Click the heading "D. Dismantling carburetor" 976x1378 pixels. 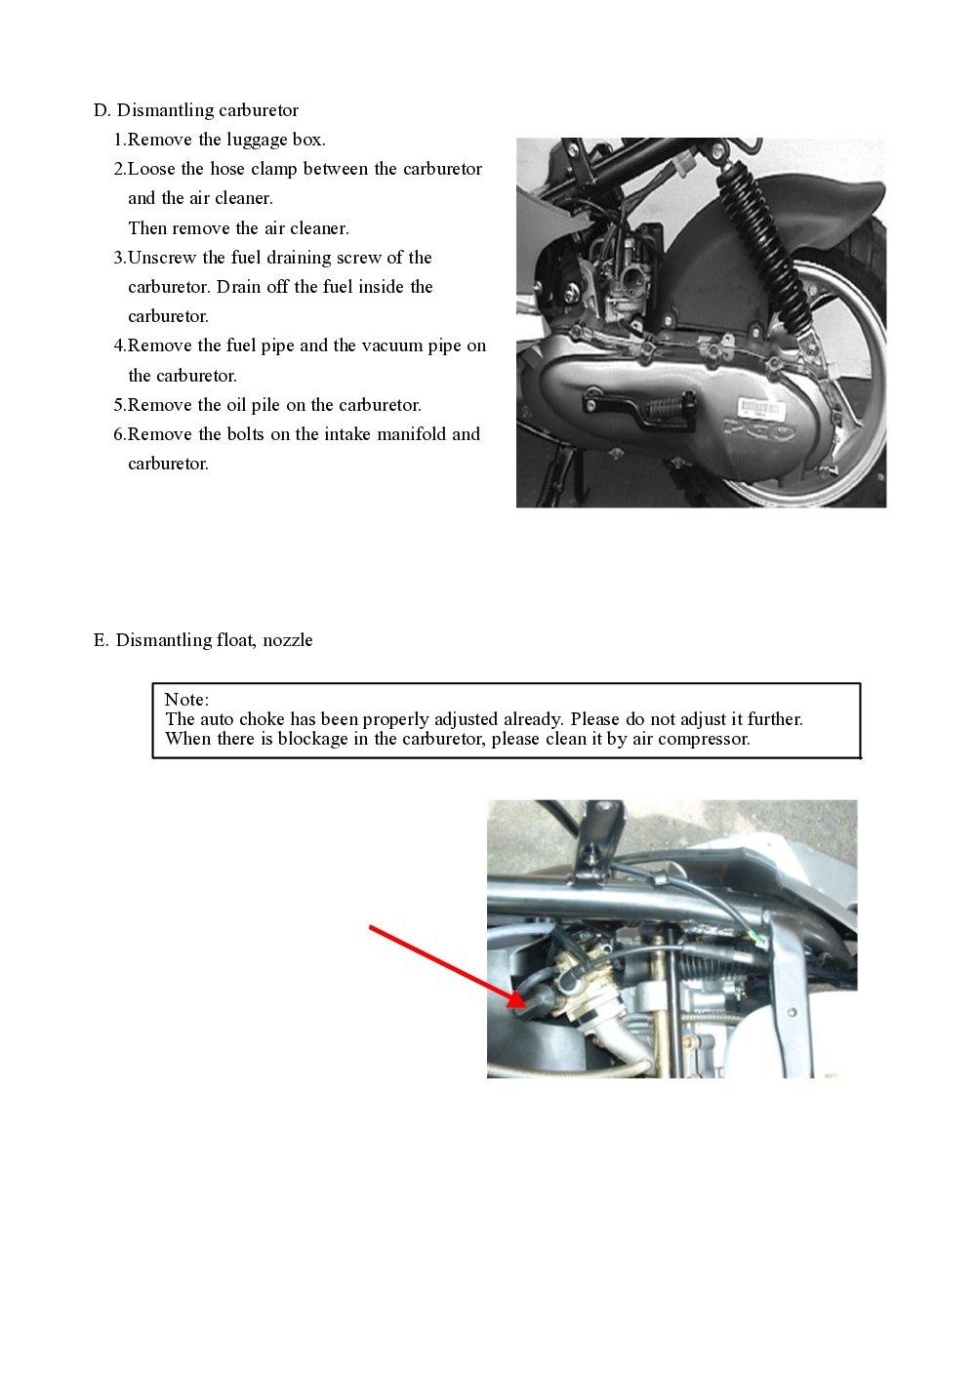(195, 110)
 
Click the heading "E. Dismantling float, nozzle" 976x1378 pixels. (203, 640)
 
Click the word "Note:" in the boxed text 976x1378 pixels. (186, 700)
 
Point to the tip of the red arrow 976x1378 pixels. (523, 1003)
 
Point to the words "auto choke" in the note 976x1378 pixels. (242, 719)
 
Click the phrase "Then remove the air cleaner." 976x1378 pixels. (238, 228)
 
